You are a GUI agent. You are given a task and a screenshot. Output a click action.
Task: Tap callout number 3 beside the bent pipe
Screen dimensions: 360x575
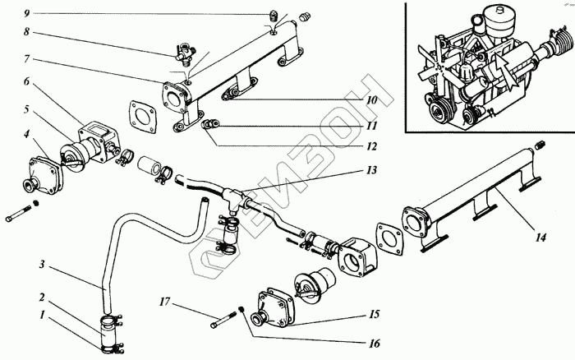[x=41, y=265]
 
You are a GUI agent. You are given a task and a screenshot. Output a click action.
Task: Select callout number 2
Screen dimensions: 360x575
[x=41, y=295]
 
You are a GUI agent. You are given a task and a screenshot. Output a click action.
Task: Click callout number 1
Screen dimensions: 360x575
[x=41, y=314]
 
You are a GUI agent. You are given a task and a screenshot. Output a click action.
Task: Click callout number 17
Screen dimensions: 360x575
[x=164, y=302]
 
